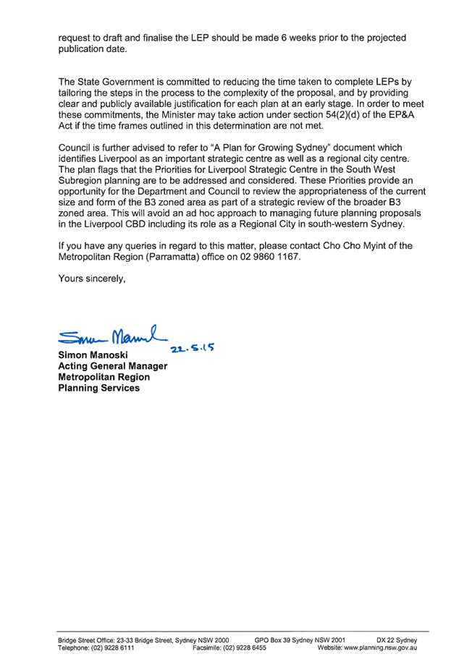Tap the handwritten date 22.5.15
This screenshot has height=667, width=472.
pyautogui.click(x=192, y=347)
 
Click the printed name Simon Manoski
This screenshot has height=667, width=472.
pyautogui.click(x=93, y=354)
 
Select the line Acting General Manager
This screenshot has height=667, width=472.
pyautogui.click(x=113, y=366)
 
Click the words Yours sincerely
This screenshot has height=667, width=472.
pyautogui.click(x=92, y=279)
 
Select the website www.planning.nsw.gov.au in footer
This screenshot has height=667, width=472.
pyautogui.click(x=381, y=648)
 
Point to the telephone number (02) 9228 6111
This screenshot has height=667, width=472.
pyautogui.click(x=112, y=648)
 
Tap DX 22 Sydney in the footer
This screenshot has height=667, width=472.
pyautogui.click(x=397, y=640)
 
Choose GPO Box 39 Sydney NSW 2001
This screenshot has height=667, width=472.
pyautogui.click(x=300, y=640)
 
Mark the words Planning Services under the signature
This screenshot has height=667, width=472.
pyautogui.click(x=98, y=388)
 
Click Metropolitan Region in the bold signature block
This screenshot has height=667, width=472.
pyautogui.click(x=104, y=377)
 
